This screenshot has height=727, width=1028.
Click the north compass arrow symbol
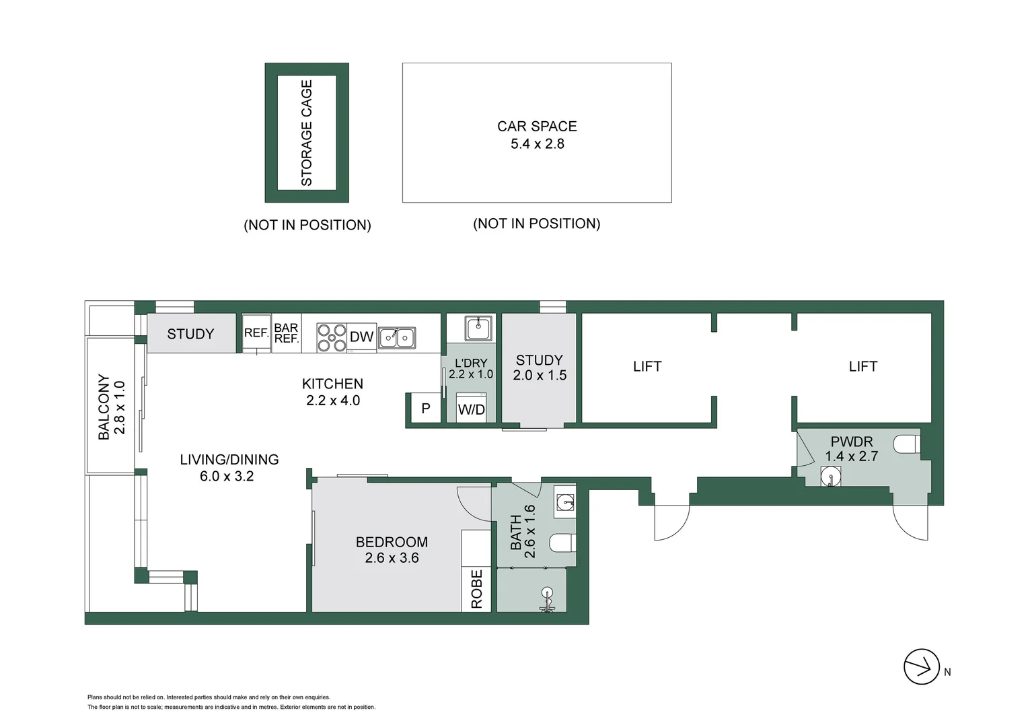point(921,667)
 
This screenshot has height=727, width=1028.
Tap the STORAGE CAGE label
point(307,133)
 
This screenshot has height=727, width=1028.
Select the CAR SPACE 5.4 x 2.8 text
point(537,135)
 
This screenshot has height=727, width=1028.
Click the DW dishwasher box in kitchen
point(362,337)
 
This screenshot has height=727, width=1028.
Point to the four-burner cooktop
point(332,337)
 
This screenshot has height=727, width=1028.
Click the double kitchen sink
point(396,337)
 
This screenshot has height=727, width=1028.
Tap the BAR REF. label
point(286,333)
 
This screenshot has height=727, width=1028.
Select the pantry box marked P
point(425,408)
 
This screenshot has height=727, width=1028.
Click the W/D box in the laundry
point(471,409)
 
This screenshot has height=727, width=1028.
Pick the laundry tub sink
point(478,328)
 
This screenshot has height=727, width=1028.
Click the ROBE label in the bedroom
point(476,590)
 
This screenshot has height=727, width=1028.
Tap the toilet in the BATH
point(562,543)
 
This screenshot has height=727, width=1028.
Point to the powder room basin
point(831,477)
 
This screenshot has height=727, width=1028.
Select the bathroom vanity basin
point(565,501)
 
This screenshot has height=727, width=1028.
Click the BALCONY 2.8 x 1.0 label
point(112,407)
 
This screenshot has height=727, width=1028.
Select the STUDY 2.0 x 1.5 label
point(540,368)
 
